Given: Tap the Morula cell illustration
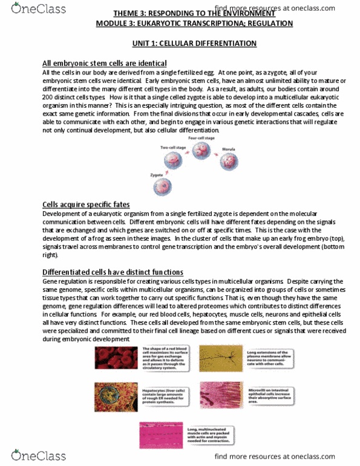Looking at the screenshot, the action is pyautogui.click(x=229, y=161).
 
